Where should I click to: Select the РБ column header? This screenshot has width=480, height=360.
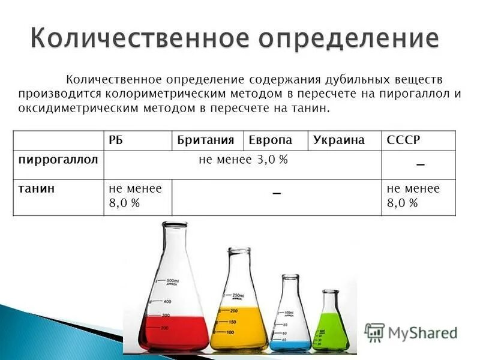(x=116, y=140)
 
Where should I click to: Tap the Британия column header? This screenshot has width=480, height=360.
(x=205, y=140)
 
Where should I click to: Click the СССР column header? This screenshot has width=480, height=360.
(x=404, y=140)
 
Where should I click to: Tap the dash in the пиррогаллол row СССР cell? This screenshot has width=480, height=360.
(x=420, y=165)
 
